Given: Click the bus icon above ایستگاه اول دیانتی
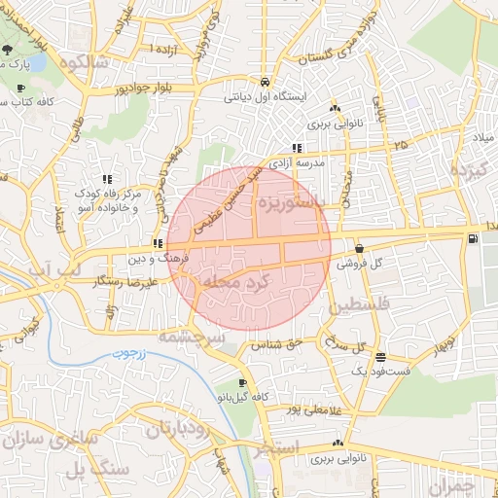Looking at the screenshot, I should point(266,82).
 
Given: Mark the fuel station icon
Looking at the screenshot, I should point(473,238).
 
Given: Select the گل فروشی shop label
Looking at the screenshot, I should point(358,263).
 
